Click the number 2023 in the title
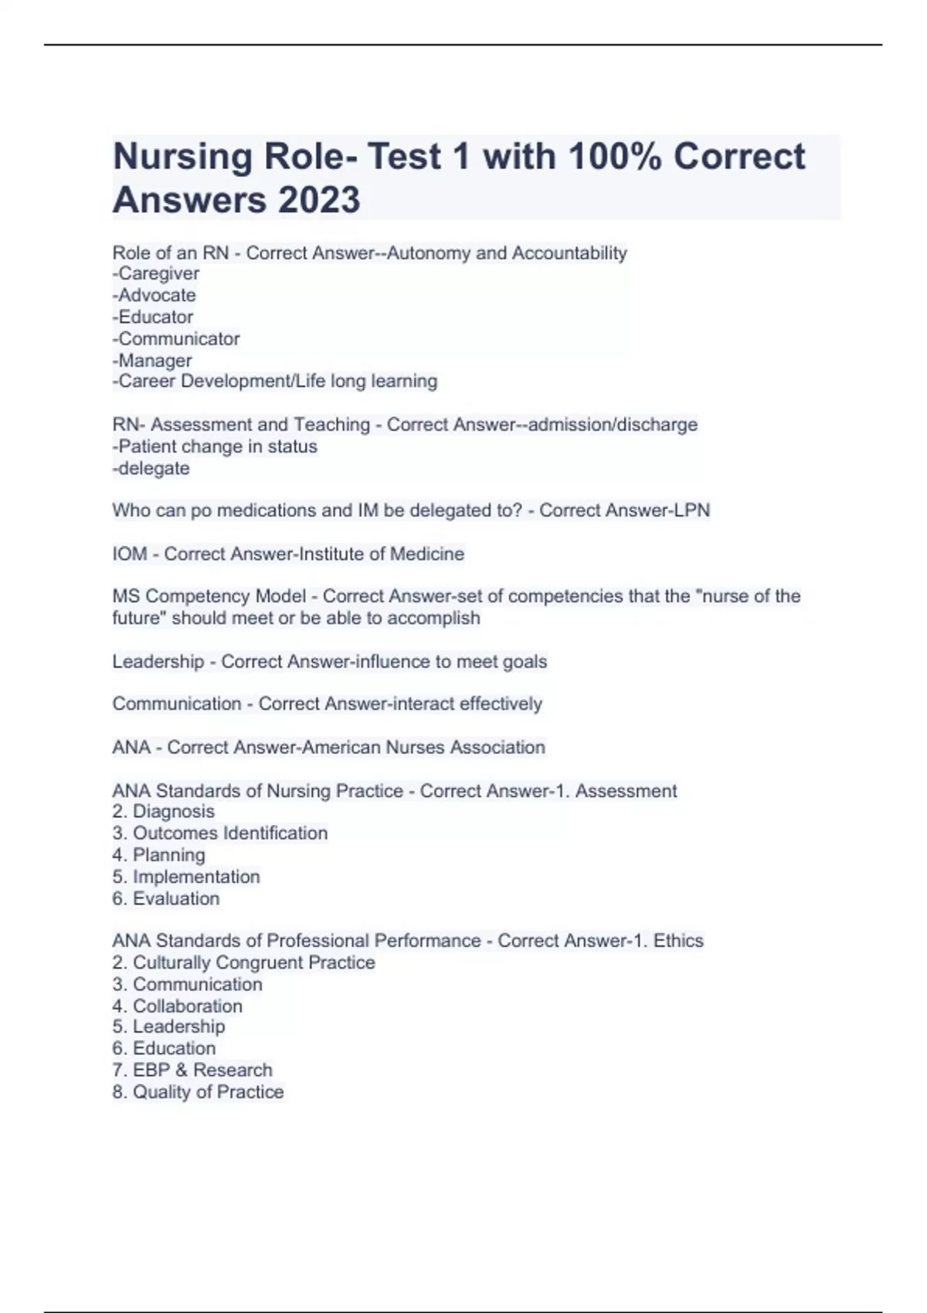[x=319, y=200]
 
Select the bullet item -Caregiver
[x=156, y=273]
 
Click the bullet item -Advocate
[x=154, y=295]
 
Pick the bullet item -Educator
[x=153, y=317]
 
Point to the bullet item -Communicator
[x=176, y=338]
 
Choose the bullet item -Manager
[x=152, y=360]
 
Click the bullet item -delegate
[x=151, y=468]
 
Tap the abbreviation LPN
[x=692, y=511]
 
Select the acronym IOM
[x=130, y=554]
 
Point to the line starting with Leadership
[x=329, y=661]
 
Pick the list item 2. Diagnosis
[x=163, y=811]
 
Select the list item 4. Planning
[x=158, y=855]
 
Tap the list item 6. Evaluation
[x=165, y=898]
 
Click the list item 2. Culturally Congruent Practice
[x=243, y=962]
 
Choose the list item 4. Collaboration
[x=177, y=1006]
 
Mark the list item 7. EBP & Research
[x=192, y=1070]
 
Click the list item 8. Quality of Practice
[x=198, y=1091]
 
